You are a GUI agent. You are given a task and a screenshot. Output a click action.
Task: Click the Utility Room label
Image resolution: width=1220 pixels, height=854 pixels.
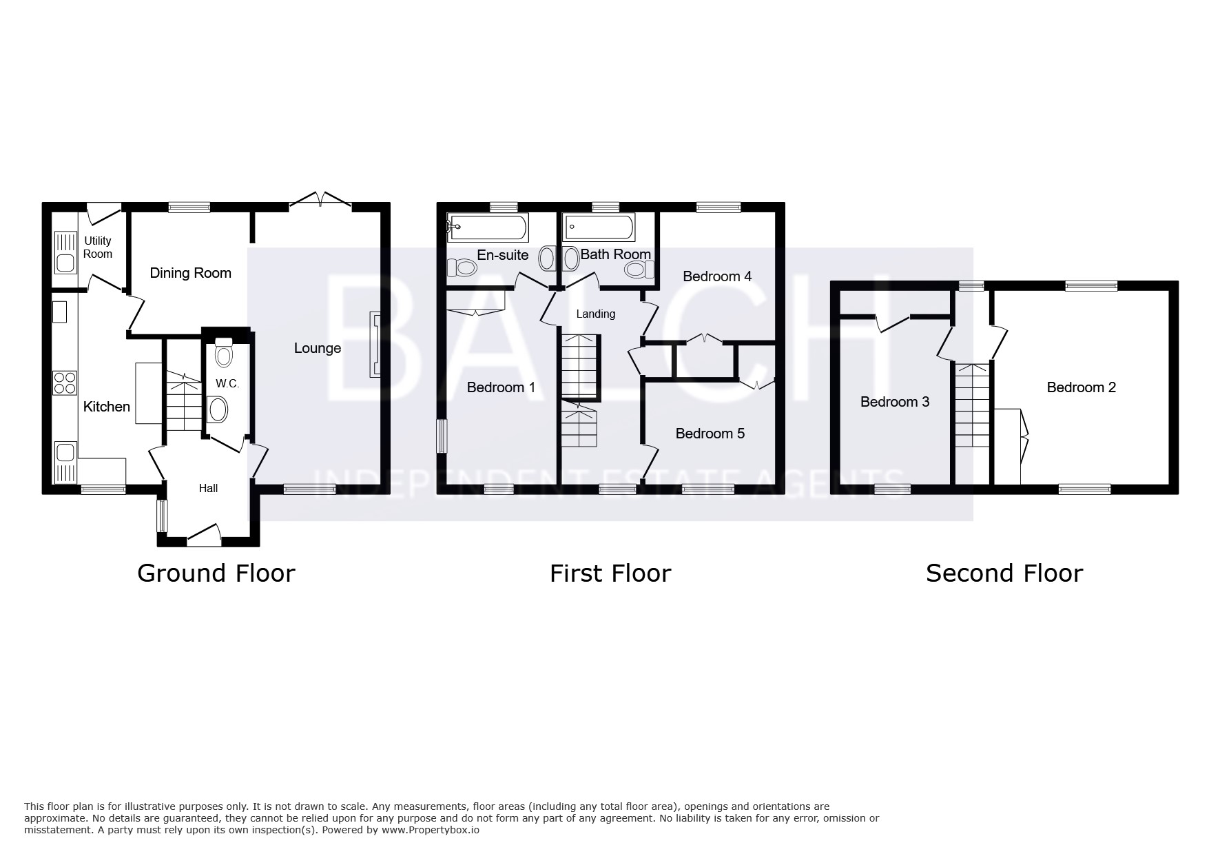click(98, 247)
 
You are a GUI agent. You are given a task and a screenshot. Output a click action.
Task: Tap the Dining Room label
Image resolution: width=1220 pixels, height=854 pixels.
click(191, 273)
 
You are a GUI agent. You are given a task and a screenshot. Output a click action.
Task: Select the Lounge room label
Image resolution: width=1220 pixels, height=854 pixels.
click(318, 348)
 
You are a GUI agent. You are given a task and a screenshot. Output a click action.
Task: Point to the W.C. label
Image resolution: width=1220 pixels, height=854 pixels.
click(227, 383)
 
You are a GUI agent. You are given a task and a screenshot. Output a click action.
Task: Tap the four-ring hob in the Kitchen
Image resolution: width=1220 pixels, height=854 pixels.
click(65, 383)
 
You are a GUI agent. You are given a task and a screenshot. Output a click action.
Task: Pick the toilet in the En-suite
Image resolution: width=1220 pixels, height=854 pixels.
click(462, 267)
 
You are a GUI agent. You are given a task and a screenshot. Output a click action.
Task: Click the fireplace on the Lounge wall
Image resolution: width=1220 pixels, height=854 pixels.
click(375, 344)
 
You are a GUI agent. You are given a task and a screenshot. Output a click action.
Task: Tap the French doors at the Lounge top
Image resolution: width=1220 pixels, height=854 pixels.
click(320, 200)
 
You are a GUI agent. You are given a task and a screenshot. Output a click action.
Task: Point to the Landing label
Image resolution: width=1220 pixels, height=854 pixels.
click(596, 314)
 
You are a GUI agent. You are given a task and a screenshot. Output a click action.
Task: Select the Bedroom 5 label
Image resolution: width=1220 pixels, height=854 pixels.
click(710, 434)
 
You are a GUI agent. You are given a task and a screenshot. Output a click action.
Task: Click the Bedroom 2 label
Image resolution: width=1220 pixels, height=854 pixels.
click(1082, 387)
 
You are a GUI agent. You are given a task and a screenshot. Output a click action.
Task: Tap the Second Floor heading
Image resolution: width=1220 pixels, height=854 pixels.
click(1004, 573)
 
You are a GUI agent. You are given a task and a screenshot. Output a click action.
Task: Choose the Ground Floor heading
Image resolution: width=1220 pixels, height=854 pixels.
click(216, 573)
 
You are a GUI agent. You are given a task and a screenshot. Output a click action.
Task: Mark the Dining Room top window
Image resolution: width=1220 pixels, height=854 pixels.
click(189, 206)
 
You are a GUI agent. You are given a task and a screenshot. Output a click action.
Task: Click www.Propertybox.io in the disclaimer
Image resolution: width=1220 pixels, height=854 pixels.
click(431, 830)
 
